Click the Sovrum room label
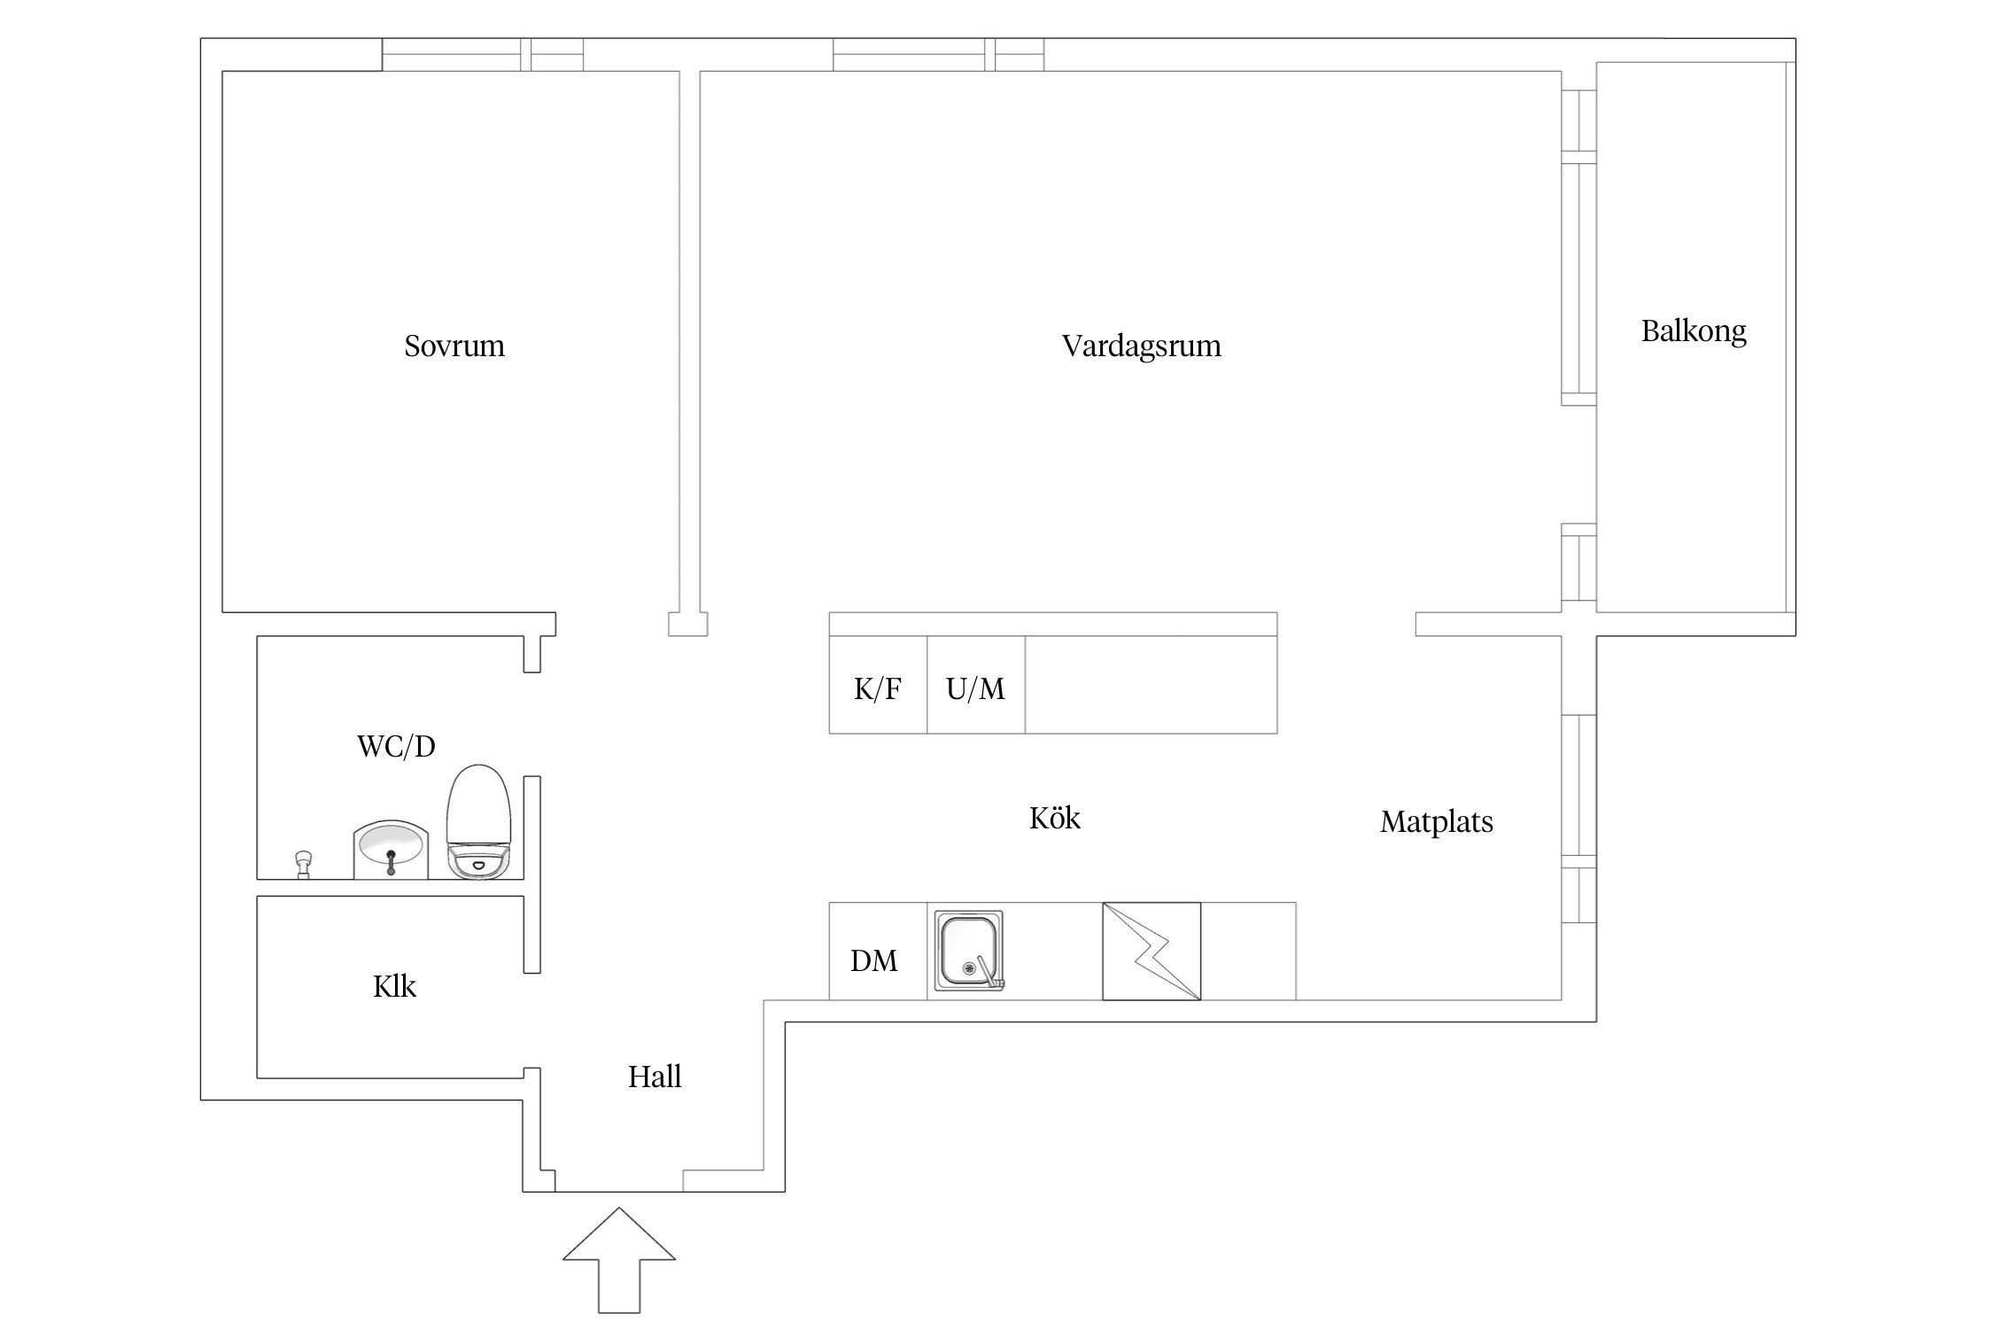(x=454, y=346)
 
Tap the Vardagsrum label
(x=1141, y=346)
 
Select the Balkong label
(x=1694, y=331)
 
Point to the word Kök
(x=1054, y=818)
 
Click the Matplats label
(x=1436, y=822)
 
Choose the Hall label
(x=655, y=1077)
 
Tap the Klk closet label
(x=394, y=986)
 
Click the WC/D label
(x=396, y=747)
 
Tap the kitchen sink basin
(x=969, y=952)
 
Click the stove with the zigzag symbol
(x=1152, y=952)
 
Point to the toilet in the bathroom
(x=479, y=821)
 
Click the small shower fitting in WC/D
(x=304, y=863)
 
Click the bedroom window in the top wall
(x=483, y=55)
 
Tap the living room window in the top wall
(x=938, y=55)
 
